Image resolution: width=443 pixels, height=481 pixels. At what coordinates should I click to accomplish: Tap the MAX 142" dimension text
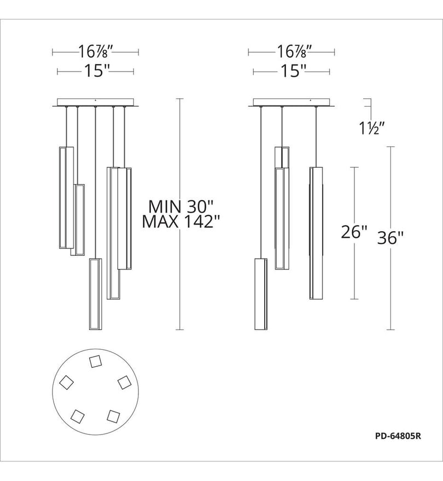(182, 221)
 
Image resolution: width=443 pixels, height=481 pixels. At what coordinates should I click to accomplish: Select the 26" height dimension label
(354, 232)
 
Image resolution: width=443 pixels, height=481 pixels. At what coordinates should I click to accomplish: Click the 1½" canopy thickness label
(372, 128)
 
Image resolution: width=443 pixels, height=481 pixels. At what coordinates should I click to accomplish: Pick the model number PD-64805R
(398, 436)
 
